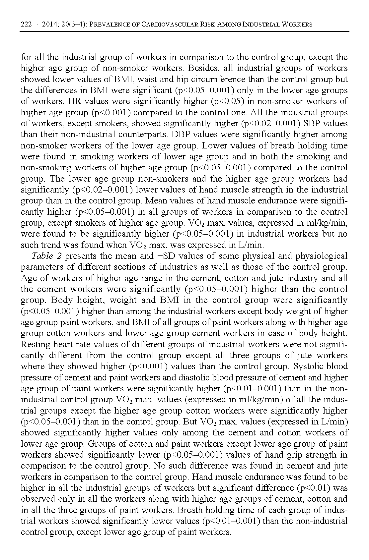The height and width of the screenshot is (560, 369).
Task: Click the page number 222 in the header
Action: pos(26,25)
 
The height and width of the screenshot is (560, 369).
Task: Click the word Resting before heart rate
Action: pos(36,345)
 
